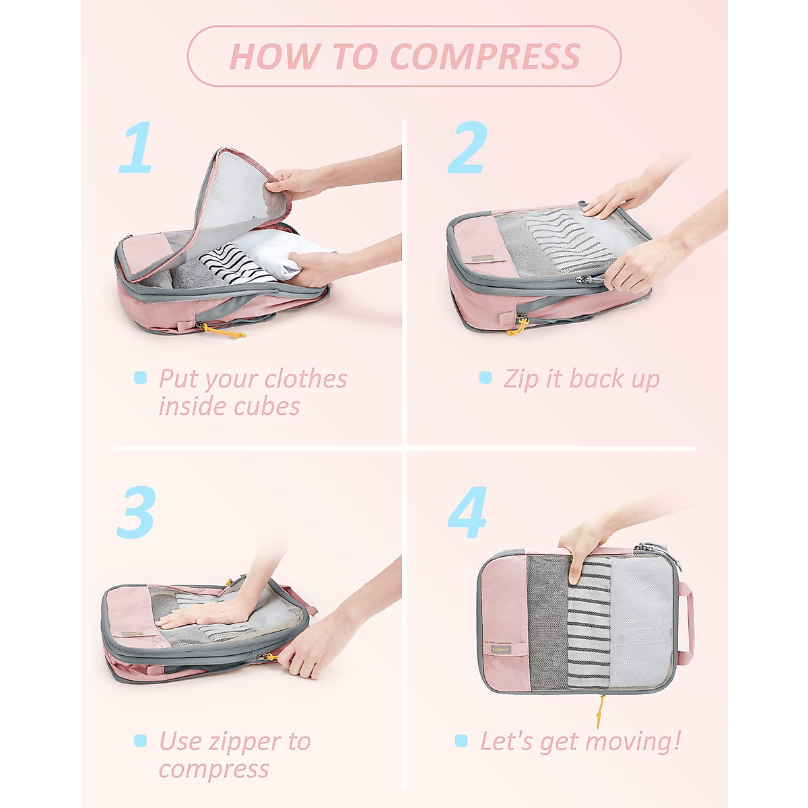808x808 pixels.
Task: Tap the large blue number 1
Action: click(137, 147)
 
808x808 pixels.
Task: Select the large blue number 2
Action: click(467, 147)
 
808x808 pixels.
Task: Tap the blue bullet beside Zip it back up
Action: click(485, 378)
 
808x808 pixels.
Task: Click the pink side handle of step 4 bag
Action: click(685, 623)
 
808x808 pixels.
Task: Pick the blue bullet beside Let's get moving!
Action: click(461, 741)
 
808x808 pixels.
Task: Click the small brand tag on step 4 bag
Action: click(500, 650)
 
